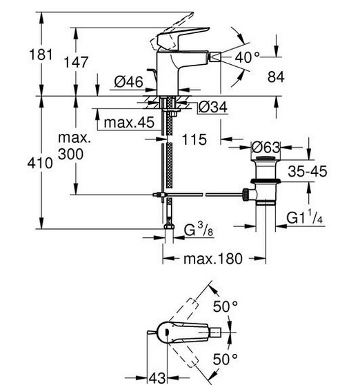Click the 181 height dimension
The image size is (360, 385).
click(x=41, y=55)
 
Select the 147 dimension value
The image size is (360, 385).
click(x=76, y=62)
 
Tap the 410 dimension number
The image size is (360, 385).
click(x=40, y=163)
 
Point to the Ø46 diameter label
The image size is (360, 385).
click(x=128, y=81)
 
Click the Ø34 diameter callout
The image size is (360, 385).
click(x=213, y=107)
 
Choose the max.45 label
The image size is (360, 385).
click(x=129, y=122)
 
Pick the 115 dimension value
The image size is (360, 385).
click(x=194, y=139)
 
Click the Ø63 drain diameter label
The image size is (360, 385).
click(x=266, y=148)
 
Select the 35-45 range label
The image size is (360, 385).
click(x=308, y=171)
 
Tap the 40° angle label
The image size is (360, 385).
click(x=248, y=58)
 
